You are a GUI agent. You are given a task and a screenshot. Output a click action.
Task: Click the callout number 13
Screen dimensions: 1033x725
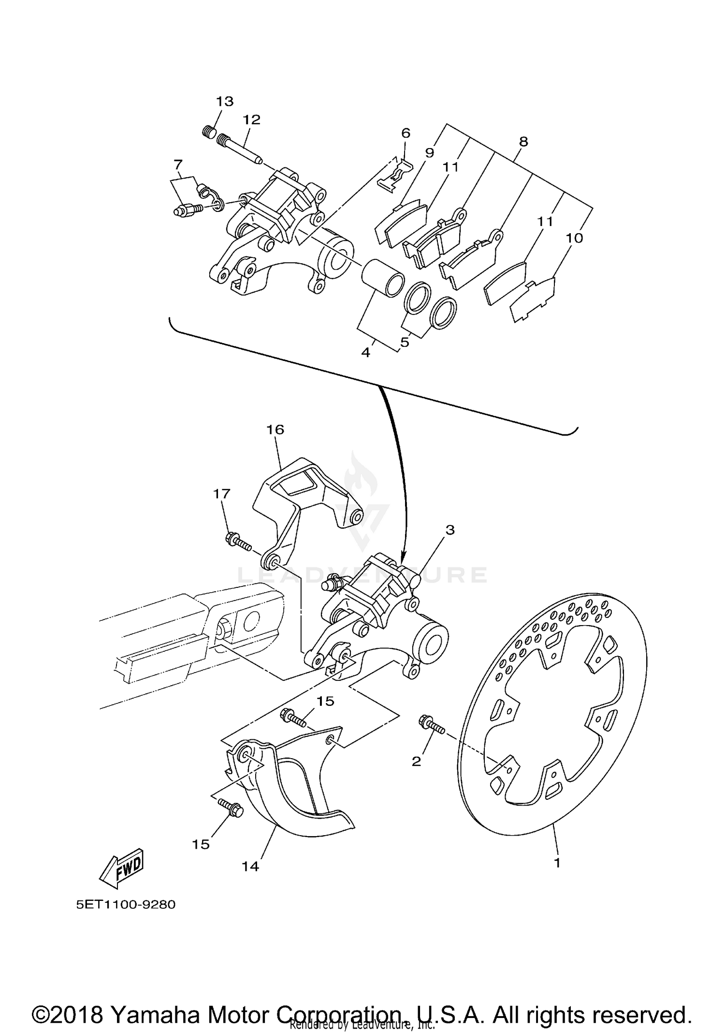pyautogui.click(x=225, y=101)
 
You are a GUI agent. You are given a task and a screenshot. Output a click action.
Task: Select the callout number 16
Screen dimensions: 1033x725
pyautogui.click(x=275, y=430)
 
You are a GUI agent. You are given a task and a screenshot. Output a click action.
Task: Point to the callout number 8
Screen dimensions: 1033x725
pyautogui.click(x=523, y=142)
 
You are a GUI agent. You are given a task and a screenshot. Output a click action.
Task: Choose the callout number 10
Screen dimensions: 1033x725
pyautogui.click(x=575, y=238)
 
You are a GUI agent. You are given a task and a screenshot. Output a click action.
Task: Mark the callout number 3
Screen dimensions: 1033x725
pyautogui.click(x=450, y=530)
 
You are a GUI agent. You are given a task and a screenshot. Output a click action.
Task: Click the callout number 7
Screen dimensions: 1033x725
pyautogui.click(x=178, y=165)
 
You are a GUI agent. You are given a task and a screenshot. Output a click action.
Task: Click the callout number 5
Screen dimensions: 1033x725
pyautogui.click(x=405, y=342)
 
